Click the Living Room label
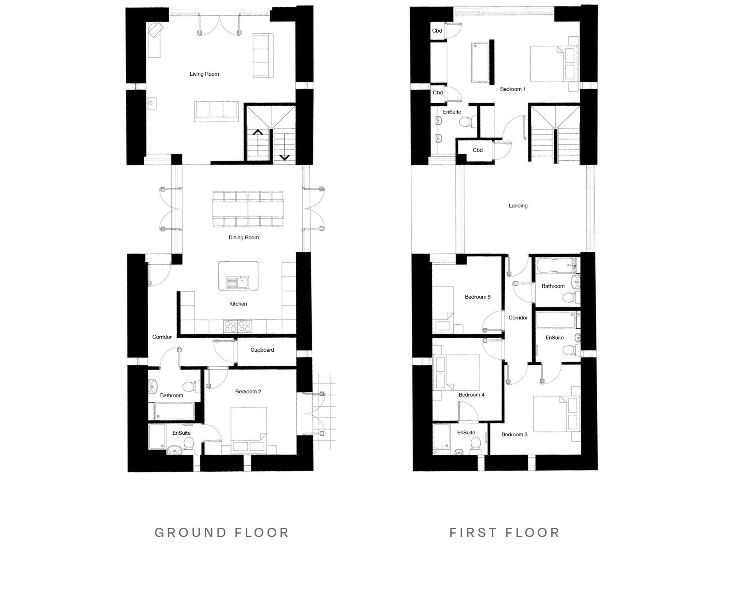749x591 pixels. pyautogui.click(x=204, y=74)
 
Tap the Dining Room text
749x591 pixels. pyautogui.click(x=244, y=237)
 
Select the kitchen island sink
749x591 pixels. pyautogui.click(x=238, y=283)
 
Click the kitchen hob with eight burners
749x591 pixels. pyautogui.click(x=238, y=326)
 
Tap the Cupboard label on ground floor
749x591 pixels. pyautogui.click(x=262, y=350)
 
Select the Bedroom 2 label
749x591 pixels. pyautogui.click(x=248, y=392)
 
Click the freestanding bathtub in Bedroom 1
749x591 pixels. pyautogui.click(x=480, y=63)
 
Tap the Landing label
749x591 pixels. pyautogui.click(x=518, y=206)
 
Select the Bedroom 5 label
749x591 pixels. pyautogui.click(x=478, y=297)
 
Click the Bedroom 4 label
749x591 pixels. pyautogui.click(x=471, y=394)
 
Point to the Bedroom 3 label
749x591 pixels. pyautogui.click(x=514, y=434)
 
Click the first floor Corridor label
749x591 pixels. pyautogui.click(x=518, y=318)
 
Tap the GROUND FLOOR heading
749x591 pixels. pyautogui.click(x=222, y=532)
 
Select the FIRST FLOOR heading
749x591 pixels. pyautogui.click(x=505, y=532)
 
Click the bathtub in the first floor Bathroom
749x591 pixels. pyautogui.click(x=555, y=266)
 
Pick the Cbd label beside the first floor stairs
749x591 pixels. pyautogui.click(x=477, y=150)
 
